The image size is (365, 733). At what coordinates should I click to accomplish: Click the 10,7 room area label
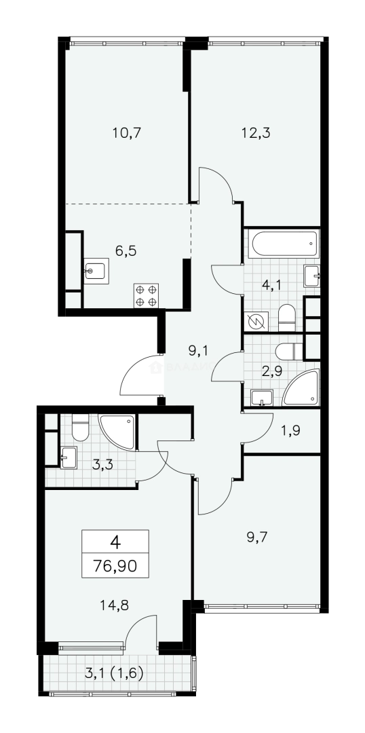click(x=126, y=133)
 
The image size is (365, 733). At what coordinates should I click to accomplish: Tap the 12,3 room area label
click(x=255, y=133)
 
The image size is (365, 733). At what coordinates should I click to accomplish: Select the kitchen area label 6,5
click(x=126, y=251)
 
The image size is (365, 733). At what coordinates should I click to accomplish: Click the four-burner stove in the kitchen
click(x=146, y=295)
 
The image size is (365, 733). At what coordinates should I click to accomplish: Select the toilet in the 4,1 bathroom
click(x=286, y=316)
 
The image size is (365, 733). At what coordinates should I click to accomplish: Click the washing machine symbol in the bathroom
click(x=257, y=320)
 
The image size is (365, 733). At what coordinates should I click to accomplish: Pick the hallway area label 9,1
click(x=198, y=351)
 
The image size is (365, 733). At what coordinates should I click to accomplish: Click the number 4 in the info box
click(x=115, y=542)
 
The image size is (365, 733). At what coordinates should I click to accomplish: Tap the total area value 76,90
click(x=115, y=565)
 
